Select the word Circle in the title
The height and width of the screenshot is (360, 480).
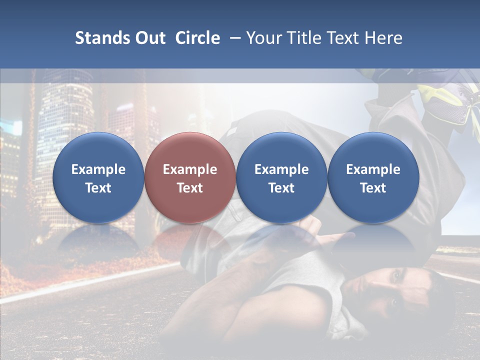[x=197, y=38]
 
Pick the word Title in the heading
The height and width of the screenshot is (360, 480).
[x=301, y=38]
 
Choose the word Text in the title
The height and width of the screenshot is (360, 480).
[x=342, y=38]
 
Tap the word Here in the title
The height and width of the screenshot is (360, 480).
[x=383, y=38]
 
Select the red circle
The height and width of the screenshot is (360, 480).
[x=190, y=178]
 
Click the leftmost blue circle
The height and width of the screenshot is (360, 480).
[x=98, y=178]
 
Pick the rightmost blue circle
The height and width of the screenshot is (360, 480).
[x=373, y=178]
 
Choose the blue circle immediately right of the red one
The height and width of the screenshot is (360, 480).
[x=281, y=178]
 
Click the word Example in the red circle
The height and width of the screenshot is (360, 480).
[x=190, y=169]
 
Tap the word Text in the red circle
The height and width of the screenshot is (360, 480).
[x=190, y=188]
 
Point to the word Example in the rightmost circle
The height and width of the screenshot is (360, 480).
[x=373, y=169]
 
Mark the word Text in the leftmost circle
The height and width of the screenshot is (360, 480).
[x=98, y=188]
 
